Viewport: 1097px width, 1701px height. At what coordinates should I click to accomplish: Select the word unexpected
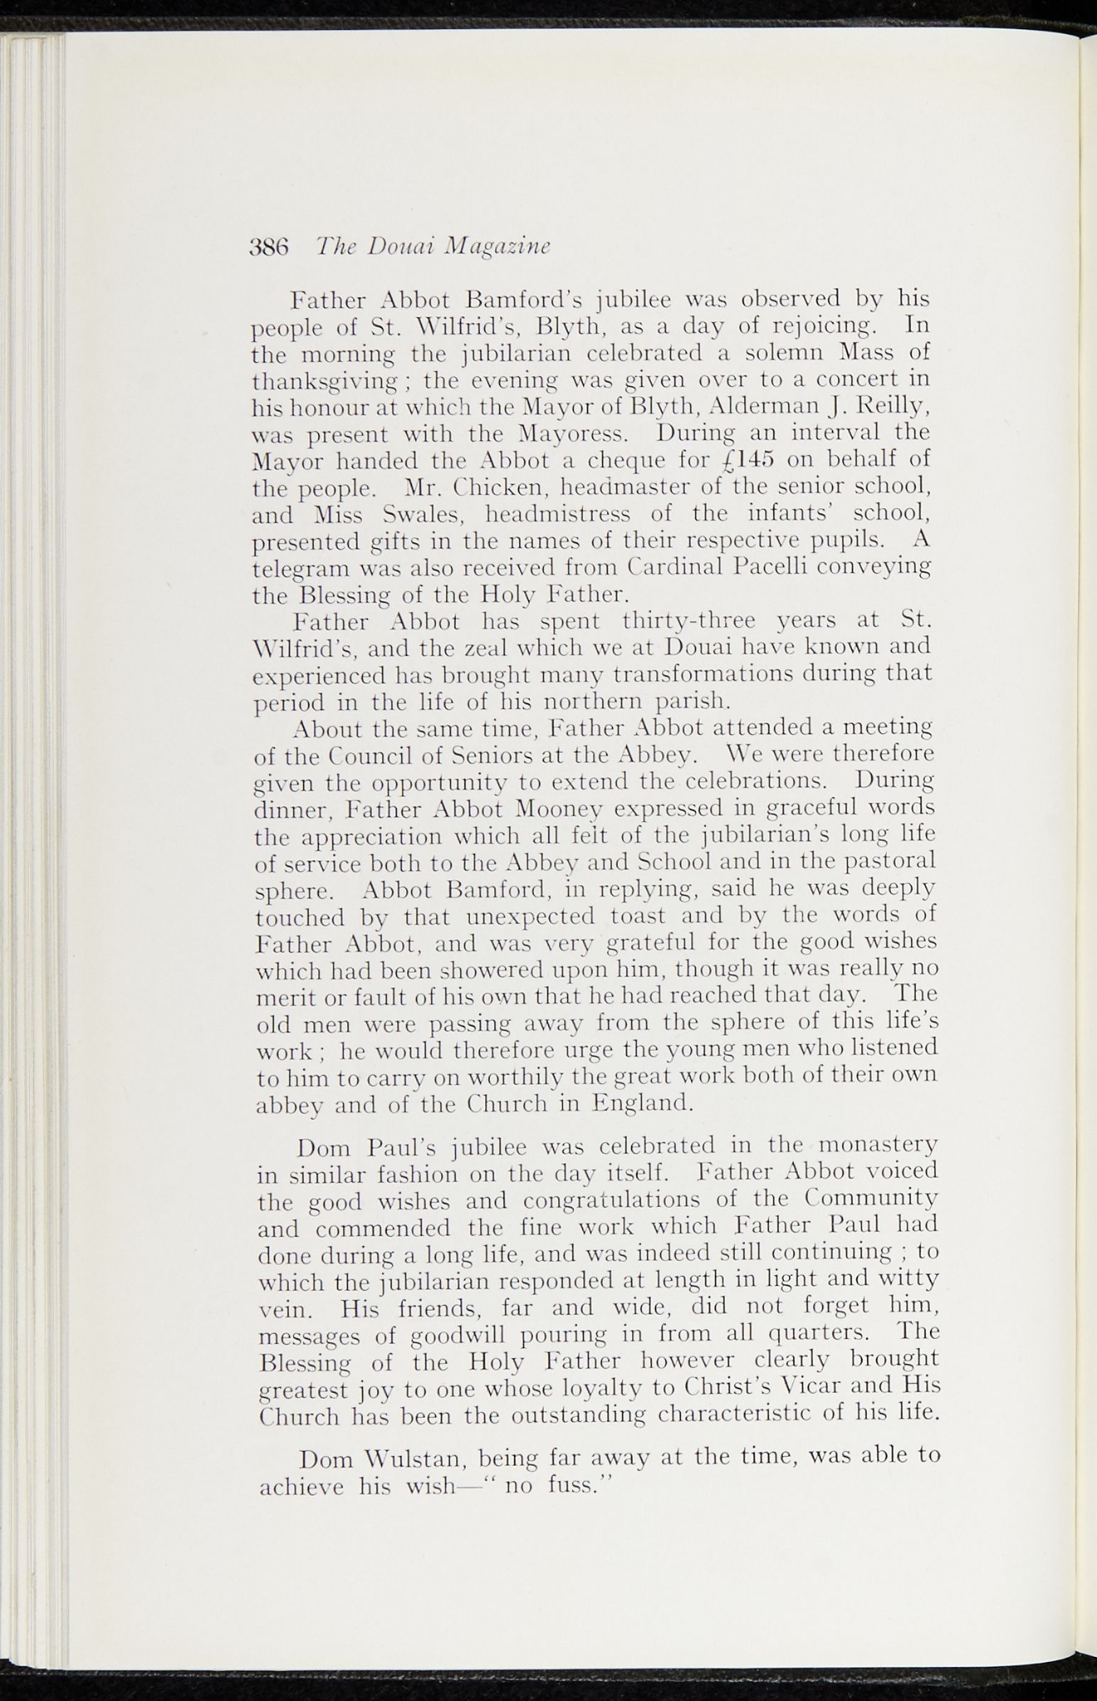531,917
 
